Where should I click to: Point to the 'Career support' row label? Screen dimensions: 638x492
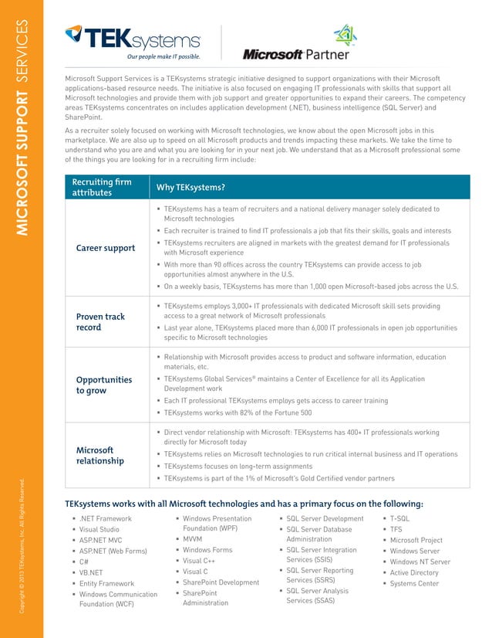[x=106, y=248]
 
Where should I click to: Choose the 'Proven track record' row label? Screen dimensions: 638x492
[x=100, y=322]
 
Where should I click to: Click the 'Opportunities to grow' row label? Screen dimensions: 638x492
[x=103, y=385]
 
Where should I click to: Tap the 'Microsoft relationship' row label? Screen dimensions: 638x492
[x=100, y=455]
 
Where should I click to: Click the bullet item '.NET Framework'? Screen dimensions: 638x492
[x=106, y=519]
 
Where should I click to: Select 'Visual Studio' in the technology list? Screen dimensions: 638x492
[x=99, y=530]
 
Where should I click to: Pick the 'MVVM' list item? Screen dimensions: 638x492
[x=193, y=539]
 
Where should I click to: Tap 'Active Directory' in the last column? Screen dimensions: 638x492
[x=414, y=573]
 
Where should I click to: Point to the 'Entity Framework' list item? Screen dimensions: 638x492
[x=107, y=584]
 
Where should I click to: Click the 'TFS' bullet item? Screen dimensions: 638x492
[x=396, y=530]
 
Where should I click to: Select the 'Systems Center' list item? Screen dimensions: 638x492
[x=414, y=584]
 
